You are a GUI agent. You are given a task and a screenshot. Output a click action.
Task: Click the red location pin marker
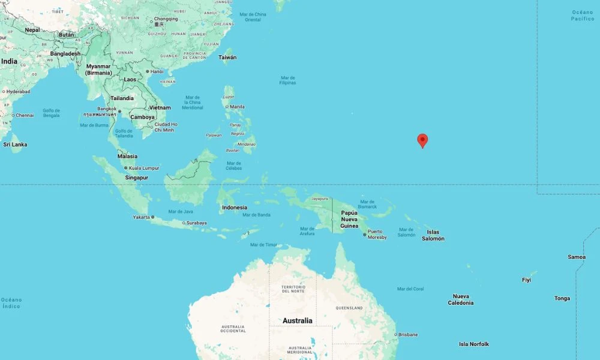point(422,140)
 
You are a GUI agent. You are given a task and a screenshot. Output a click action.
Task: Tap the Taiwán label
point(227,58)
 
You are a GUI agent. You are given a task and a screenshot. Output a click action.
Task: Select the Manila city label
point(237,107)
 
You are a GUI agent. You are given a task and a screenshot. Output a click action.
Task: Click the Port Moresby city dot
point(365,234)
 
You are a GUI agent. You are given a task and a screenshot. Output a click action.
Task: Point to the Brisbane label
point(408,334)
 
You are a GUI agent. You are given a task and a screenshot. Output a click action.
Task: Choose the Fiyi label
point(526,280)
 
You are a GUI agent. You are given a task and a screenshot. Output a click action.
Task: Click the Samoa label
point(577,257)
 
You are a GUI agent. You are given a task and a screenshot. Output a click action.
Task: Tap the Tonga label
point(562,298)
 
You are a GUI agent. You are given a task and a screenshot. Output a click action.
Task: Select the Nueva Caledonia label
point(461,299)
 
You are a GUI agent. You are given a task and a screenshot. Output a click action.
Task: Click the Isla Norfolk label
point(474,344)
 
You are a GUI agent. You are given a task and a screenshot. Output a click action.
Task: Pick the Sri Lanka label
point(15,145)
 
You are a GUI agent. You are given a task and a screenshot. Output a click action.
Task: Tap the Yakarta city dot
point(152,217)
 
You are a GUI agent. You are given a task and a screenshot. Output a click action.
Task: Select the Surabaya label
point(196,223)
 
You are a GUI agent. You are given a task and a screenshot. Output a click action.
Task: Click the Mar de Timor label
point(264,245)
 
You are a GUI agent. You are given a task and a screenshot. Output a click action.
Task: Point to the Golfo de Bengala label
point(52,113)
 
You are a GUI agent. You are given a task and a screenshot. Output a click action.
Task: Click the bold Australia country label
point(298,320)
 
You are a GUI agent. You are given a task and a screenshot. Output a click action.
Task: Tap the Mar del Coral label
point(410,289)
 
